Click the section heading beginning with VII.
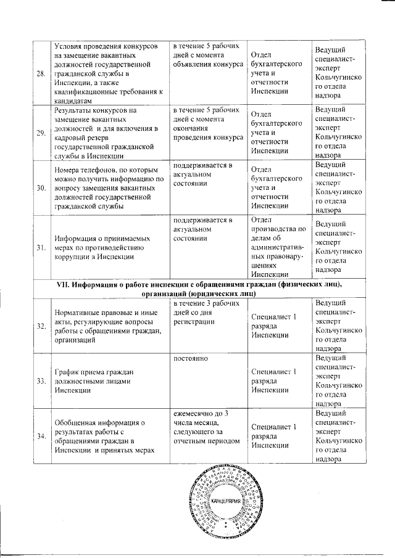pyautogui.click(x=197, y=289)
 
